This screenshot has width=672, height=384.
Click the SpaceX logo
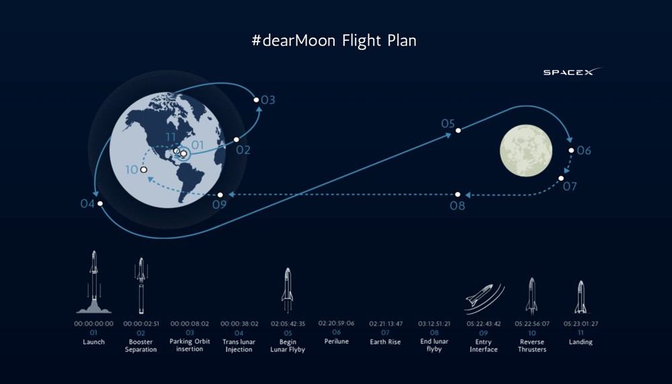click(x=572, y=71)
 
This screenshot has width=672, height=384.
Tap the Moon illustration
click(x=526, y=150)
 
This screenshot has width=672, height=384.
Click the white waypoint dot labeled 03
click(x=256, y=100)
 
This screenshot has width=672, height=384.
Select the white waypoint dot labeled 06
click(x=571, y=150)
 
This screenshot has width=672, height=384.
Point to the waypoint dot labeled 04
click(x=100, y=204)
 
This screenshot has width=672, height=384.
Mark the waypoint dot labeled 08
click(x=458, y=195)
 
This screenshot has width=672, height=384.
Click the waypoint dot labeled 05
click(x=458, y=130)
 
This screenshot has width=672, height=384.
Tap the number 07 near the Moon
click(x=570, y=187)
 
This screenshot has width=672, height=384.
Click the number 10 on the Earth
click(x=132, y=170)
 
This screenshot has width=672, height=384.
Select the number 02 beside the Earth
click(x=243, y=150)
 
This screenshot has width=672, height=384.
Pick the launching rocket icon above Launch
click(x=94, y=282)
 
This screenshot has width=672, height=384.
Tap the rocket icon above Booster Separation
click(x=141, y=285)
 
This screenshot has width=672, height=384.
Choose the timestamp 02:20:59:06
click(x=337, y=323)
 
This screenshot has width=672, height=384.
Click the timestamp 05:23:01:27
click(x=581, y=324)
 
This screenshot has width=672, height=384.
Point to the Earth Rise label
click(x=385, y=342)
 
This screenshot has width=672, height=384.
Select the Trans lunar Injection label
click(x=239, y=346)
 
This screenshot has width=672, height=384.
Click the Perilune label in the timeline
click(x=337, y=341)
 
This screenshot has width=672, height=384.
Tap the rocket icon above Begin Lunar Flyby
click(x=288, y=290)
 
